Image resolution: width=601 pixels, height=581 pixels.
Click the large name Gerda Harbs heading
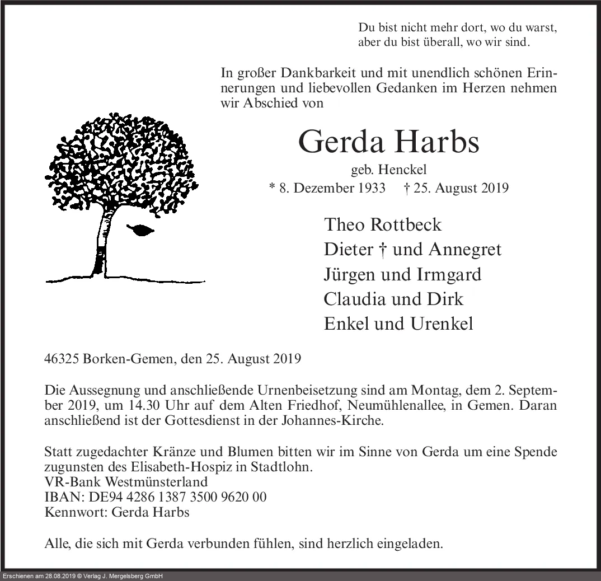[389, 142]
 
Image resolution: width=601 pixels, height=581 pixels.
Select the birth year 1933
[369, 188]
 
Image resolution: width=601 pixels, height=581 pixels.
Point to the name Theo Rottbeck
[383, 224]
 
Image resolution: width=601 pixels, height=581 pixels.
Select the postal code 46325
[62, 359]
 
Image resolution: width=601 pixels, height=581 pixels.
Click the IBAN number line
[156, 497]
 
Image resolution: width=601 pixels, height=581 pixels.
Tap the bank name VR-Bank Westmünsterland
[126, 482]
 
